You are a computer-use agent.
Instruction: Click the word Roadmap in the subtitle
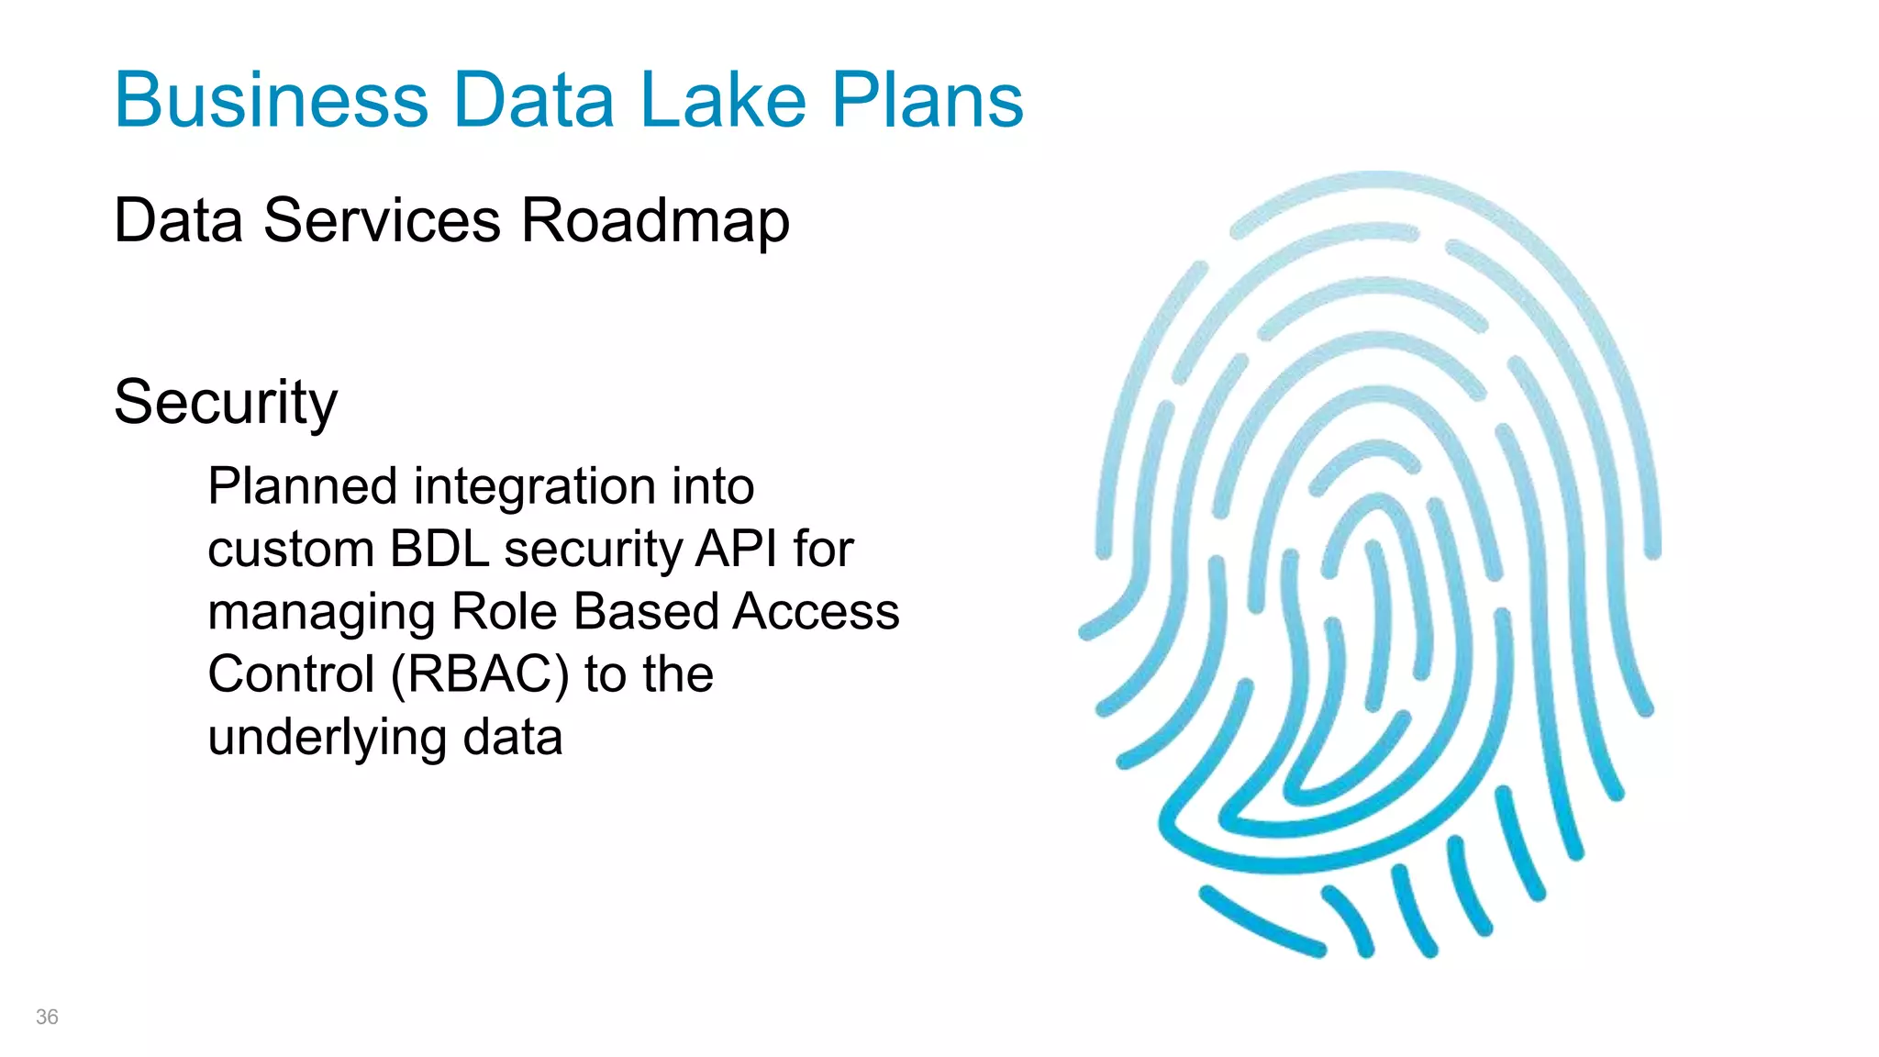(655, 221)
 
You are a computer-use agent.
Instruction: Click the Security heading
(226, 403)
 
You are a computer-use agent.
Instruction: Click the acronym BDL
(439, 549)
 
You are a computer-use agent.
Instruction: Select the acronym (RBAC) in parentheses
(480, 674)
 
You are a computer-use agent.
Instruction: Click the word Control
(291, 674)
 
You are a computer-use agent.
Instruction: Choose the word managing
(321, 613)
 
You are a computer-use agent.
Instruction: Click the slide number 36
(47, 1017)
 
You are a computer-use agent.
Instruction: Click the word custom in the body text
(291, 549)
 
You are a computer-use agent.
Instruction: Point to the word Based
(646, 611)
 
